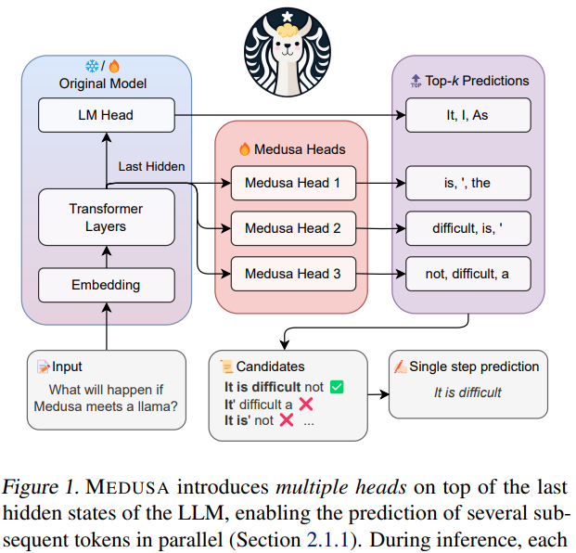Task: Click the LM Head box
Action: (107, 115)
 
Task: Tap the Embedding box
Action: (106, 285)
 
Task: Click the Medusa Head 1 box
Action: (292, 183)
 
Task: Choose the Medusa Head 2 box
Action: (292, 228)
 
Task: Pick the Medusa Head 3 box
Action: (292, 274)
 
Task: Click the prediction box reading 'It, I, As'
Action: (467, 115)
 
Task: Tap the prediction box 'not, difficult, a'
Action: (467, 274)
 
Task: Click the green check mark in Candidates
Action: (337, 387)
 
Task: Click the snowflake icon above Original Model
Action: (92, 66)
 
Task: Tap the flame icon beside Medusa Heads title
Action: (245, 148)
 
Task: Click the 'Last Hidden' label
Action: (151, 166)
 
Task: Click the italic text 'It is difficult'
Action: (467, 392)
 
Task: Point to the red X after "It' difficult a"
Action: (305, 404)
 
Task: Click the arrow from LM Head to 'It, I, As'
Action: (288, 115)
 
